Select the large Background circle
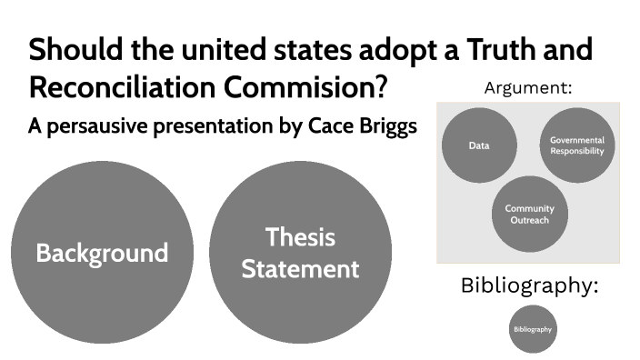pyautogui.click(x=102, y=252)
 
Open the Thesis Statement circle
pyautogui.click(x=300, y=252)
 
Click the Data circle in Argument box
pyautogui.click(x=479, y=145)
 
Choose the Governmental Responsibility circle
pyautogui.click(x=576, y=145)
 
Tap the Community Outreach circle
pyautogui.click(x=529, y=214)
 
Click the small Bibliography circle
pyautogui.click(x=532, y=328)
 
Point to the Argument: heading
pyautogui.click(x=528, y=88)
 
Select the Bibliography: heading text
pyautogui.click(x=529, y=285)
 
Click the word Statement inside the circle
pyautogui.click(x=300, y=269)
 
